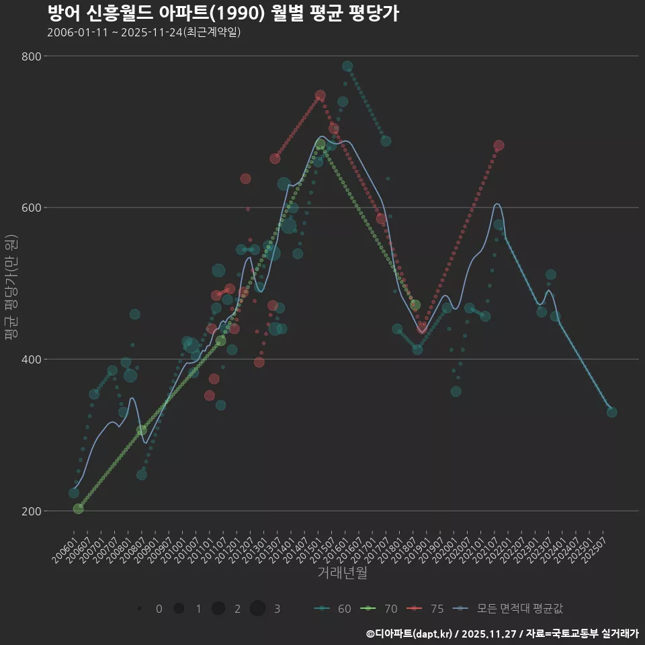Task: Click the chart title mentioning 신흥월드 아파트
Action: [x=223, y=13]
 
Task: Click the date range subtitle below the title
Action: [x=144, y=32]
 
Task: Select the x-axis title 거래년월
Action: [x=342, y=573]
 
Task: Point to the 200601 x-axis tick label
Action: [x=64, y=552]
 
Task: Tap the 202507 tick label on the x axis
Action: [x=596, y=552]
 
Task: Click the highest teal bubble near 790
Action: [x=347, y=66]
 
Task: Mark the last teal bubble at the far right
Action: [x=611, y=412]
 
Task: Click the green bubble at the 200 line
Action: [x=79, y=509]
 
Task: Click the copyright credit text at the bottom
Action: [x=502, y=634]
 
